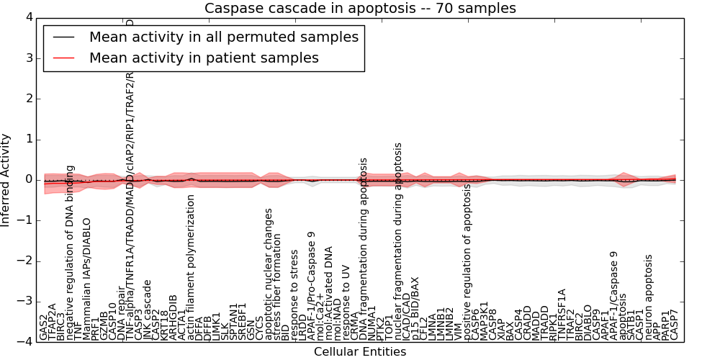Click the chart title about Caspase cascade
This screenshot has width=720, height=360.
tap(360, 9)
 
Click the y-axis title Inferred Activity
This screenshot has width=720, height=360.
tap(6, 179)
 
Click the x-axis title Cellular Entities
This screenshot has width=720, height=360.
tap(360, 352)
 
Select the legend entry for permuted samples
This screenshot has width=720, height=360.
tap(223, 37)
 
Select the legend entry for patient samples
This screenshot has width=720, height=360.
tap(204, 58)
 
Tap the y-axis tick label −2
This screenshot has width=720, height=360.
tap(24, 261)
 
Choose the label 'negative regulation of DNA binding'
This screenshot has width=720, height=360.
tap(71, 252)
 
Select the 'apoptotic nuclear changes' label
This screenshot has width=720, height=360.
tap(269, 274)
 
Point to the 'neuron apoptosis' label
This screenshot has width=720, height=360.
tap(649, 297)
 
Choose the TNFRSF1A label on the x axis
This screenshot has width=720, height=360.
tap(562, 314)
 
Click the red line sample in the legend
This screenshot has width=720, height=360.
tap(63, 58)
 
